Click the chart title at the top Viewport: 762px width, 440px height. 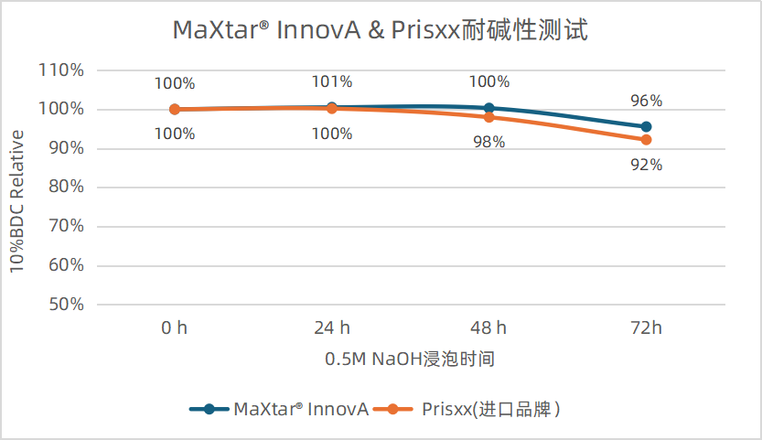coord(380,30)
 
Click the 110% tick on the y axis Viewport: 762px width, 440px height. coord(61,70)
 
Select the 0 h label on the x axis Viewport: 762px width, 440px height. coord(174,327)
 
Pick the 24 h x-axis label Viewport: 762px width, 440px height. coord(331,327)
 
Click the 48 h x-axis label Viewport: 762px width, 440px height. coord(488,327)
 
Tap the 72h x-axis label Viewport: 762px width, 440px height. coord(646,327)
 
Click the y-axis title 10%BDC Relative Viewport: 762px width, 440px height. coord(17,200)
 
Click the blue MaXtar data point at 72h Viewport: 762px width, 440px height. coord(646,126)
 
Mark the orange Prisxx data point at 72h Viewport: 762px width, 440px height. coord(646,140)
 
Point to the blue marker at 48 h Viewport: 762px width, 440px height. coord(488,108)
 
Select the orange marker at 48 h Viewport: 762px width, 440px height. coord(488,117)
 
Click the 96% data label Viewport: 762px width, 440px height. coord(646,101)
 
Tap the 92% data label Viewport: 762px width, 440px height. coord(646,166)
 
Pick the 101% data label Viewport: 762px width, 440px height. coord(331,82)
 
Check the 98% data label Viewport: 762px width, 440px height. coord(488,144)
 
